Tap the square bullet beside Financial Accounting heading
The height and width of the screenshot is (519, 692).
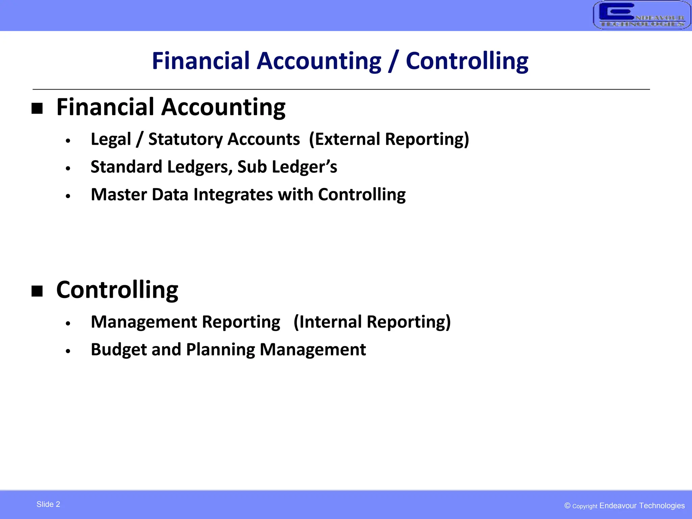tap(37, 108)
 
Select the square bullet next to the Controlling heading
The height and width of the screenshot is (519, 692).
tap(37, 291)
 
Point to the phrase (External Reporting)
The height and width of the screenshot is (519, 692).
tap(389, 139)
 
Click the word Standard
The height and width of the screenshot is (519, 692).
tap(126, 167)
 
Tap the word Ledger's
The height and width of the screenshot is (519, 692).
tap(304, 167)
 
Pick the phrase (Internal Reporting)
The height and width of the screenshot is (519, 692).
tap(372, 322)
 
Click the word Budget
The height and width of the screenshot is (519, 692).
tap(119, 349)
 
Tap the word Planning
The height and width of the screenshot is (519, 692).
tap(220, 349)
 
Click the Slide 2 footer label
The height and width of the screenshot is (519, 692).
tap(48, 504)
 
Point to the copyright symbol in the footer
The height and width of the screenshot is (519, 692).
tap(567, 505)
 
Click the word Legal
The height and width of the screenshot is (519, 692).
tap(111, 139)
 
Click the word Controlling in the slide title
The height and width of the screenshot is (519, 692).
tap(467, 61)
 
